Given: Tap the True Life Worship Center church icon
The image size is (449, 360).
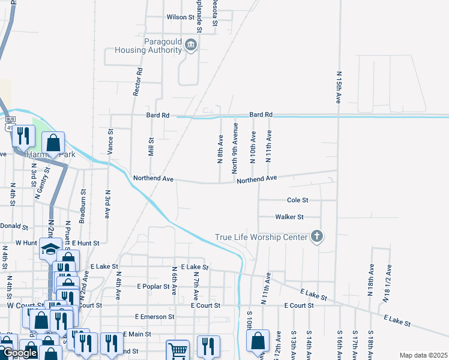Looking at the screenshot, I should click(317, 237).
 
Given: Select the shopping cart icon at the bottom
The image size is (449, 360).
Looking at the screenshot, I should click(178, 350).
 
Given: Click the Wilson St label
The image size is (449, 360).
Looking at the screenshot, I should click(181, 17).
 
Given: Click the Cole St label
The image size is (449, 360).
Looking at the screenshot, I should click(297, 200).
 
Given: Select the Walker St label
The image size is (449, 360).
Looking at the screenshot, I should click(289, 217).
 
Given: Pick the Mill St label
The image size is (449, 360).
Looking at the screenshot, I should click(151, 148).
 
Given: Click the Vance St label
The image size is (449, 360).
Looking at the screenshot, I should click(110, 143).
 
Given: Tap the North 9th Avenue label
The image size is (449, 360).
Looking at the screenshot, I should click(236, 148).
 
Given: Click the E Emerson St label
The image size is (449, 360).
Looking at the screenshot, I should click(154, 316).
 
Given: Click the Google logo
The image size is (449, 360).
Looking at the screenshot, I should click(20, 353).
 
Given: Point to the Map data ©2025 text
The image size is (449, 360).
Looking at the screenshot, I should click(423, 355).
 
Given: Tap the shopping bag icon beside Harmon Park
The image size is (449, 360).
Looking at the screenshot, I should click(53, 143).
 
